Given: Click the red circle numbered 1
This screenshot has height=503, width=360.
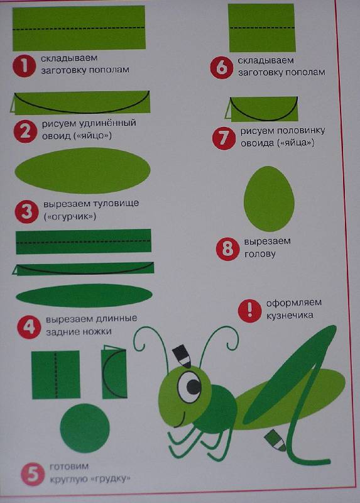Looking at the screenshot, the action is (x=24, y=66).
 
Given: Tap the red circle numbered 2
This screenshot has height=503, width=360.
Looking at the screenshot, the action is (x=26, y=131).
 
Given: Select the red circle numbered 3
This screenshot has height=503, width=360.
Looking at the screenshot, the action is (x=27, y=212).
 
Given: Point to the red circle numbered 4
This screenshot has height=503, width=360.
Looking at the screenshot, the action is (x=29, y=327).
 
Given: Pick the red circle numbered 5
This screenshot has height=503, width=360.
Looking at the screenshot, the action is (x=33, y=474).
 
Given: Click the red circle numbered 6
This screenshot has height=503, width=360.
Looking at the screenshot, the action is (x=222, y=68).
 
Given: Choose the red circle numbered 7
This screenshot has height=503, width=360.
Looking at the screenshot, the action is (x=224, y=138).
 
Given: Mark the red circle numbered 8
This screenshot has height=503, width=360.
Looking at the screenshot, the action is (x=227, y=249).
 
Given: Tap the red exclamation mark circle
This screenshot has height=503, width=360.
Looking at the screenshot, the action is (x=249, y=311).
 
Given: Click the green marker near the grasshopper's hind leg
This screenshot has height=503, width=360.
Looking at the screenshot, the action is (x=275, y=439).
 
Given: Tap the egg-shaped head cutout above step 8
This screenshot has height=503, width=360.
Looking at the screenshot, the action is (x=269, y=199).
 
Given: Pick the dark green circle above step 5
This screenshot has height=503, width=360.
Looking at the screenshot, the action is (x=85, y=428).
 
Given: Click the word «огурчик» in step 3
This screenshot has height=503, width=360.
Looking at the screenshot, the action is (x=70, y=216).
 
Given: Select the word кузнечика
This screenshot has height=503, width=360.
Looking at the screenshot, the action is (x=290, y=316).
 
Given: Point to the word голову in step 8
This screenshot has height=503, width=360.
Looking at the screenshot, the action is (x=260, y=255).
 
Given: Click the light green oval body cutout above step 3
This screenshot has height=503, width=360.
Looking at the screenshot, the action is (x=83, y=170).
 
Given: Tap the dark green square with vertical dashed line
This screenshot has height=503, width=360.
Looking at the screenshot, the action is (x=56, y=375).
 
